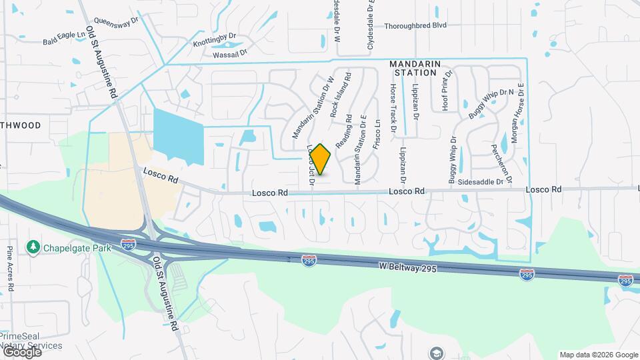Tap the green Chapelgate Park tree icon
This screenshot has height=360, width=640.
(33, 248)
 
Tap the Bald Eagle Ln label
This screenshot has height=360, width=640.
(63, 41)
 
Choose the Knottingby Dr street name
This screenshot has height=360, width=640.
(215, 39)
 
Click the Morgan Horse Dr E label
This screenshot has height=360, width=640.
(518, 113)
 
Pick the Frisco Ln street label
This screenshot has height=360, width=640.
(377, 133)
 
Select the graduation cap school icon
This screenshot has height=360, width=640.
(436, 353)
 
